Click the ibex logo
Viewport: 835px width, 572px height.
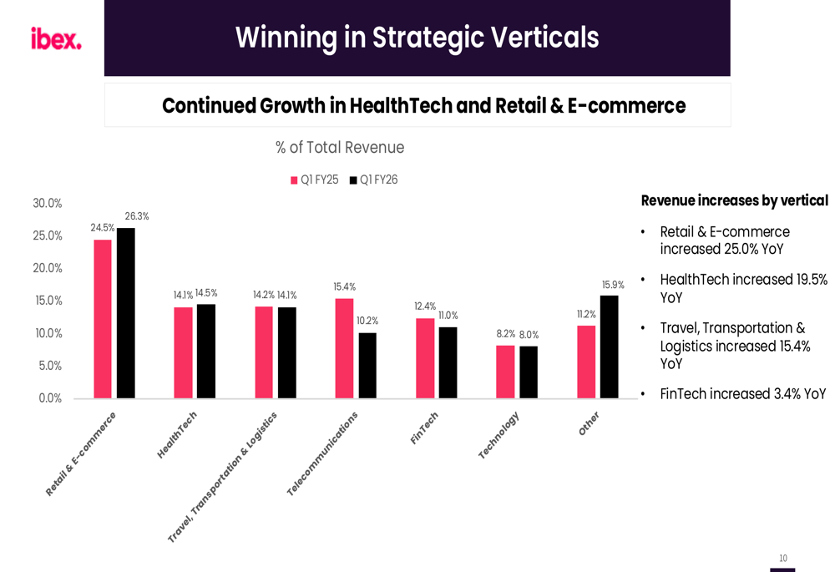[x=56, y=39]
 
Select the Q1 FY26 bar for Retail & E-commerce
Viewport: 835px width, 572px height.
[x=126, y=313]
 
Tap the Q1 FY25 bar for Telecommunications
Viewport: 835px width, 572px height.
[x=344, y=348]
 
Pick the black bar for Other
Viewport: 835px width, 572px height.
[x=609, y=347]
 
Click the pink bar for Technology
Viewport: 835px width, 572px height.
[x=505, y=372]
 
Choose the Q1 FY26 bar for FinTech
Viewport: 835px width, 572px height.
[x=448, y=362]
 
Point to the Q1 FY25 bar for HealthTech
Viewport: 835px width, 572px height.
[x=183, y=352]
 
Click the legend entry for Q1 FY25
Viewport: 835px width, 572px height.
[x=315, y=180]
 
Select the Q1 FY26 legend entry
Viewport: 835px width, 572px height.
[x=373, y=180]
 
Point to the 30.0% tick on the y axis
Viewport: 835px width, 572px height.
[x=48, y=204]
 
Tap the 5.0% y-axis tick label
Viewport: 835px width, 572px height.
[x=50, y=366]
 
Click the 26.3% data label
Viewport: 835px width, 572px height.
[x=137, y=216]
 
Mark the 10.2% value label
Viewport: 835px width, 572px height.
[x=367, y=321]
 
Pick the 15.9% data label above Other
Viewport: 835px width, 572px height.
[x=613, y=285]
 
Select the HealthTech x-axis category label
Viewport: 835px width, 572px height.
[x=177, y=434]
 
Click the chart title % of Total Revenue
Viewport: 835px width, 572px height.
[x=340, y=148]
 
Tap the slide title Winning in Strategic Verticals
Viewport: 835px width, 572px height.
[x=417, y=38]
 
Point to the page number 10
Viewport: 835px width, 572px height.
[x=782, y=558]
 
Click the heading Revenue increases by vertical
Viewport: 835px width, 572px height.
[x=734, y=200]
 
